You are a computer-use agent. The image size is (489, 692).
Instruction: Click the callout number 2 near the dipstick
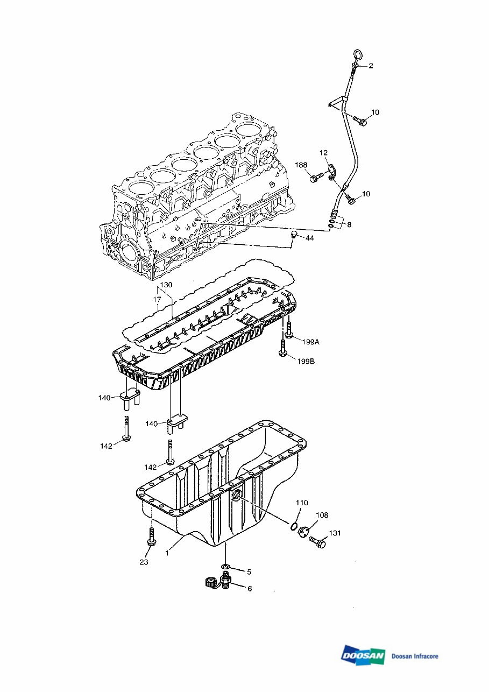point(371,66)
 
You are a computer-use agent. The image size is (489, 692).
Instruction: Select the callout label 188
point(302,164)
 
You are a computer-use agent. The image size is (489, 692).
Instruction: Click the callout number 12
point(323,153)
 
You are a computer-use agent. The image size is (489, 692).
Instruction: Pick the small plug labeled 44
point(294,234)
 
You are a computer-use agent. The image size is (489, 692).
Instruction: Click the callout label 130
point(166,285)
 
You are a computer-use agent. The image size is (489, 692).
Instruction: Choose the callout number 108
point(322,515)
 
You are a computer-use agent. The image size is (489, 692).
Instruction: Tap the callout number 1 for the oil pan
point(167,553)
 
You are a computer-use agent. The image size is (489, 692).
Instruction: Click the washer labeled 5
point(225,567)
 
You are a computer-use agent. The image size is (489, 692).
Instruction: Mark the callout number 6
point(249,589)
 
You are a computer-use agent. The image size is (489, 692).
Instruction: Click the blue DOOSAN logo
point(363,655)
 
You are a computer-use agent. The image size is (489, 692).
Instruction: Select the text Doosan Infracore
point(415,656)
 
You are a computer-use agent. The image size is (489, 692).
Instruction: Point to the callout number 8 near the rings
point(349,224)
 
